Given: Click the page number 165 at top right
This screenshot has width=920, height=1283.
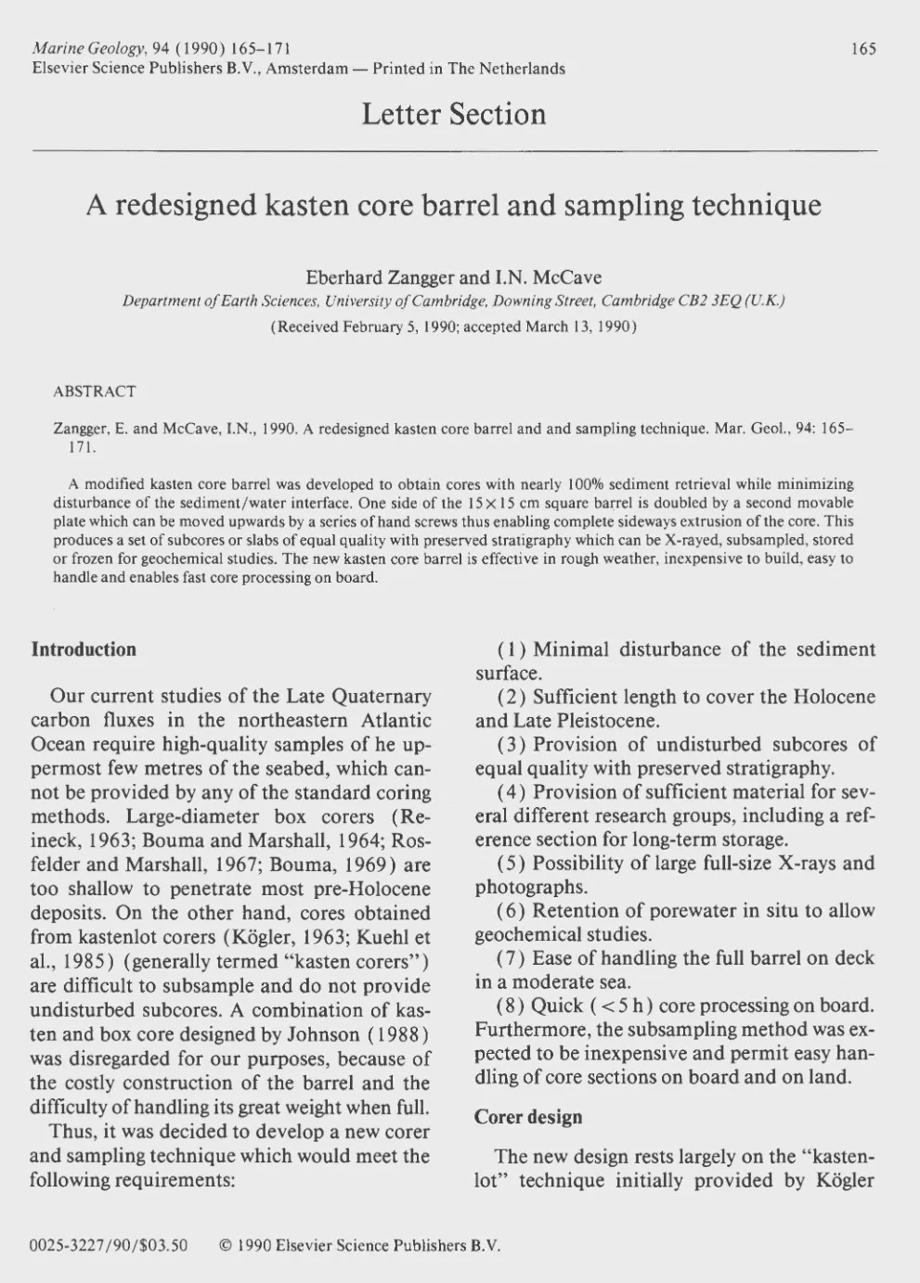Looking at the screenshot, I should point(863,49).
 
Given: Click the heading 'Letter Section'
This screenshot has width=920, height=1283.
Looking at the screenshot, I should point(454,114).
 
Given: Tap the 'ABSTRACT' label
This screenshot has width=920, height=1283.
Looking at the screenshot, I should point(95,391).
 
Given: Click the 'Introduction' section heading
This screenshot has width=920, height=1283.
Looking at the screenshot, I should point(84,649).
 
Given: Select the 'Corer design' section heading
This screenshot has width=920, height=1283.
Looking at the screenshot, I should point(528,1117).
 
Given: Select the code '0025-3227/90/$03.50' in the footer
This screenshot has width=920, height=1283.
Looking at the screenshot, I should point(109,1246).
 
